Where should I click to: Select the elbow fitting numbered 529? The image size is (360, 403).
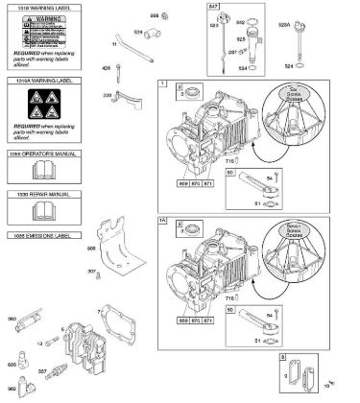(153, 36)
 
